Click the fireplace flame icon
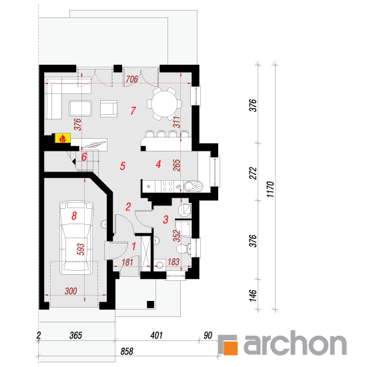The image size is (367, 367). coord(63,138)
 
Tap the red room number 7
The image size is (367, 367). coord(133,111)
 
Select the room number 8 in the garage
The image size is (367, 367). coord(74,216)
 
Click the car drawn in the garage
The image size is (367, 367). coord(76,237)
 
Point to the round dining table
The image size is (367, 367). coord(164,103)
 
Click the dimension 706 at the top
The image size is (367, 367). coord(131,79)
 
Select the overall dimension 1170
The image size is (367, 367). coord(270,189)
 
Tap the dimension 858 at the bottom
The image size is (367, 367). coord(127,351)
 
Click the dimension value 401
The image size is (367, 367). coord(156,335)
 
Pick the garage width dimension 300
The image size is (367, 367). coord(71,291)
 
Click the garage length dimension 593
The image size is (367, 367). coord(80,249)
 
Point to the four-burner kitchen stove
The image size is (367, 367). coord(167,187)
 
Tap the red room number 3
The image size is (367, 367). coord(165,220)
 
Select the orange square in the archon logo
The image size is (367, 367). coord(231,348)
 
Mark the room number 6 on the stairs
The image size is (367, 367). coord(84,157)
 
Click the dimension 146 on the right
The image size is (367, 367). coord(253,296)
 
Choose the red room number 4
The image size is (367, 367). coord(158,164)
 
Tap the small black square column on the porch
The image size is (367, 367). coord(150,304)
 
